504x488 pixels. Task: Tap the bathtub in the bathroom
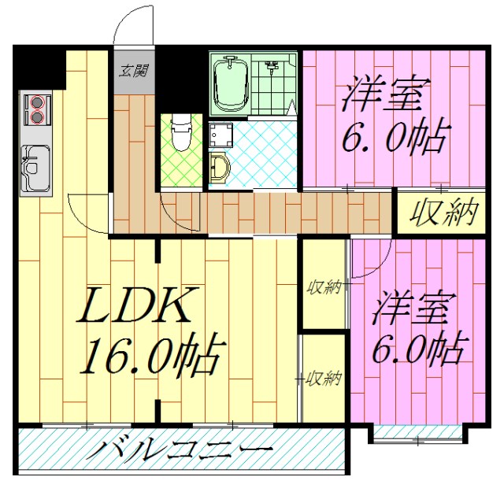point(232,83)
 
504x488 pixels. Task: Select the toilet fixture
point(180,133)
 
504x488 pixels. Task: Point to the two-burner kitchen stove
point(36,109)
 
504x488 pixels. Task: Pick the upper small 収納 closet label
point(324,287)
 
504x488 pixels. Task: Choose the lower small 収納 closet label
point(324,379)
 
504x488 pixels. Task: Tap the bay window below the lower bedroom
point(417,432)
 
